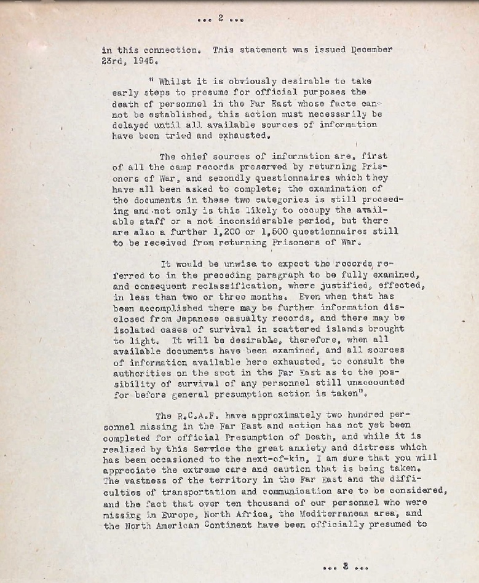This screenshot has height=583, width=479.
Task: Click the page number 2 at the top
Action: [221, 18]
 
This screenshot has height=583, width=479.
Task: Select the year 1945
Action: [145, 61]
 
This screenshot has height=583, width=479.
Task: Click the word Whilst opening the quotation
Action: [175, 81]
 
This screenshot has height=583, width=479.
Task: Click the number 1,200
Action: [226, 232]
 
